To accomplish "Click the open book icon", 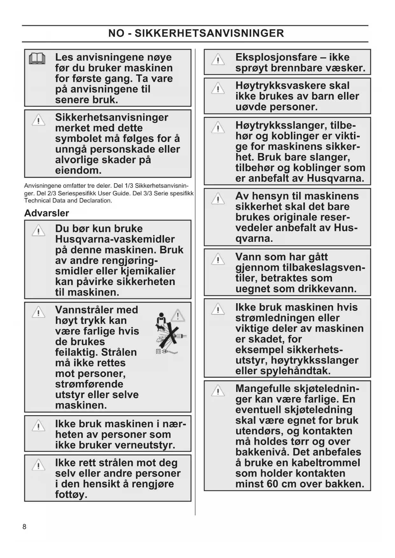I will tap(37, 59).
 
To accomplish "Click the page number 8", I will tap(25, 527).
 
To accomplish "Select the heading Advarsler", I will tap(46, 213).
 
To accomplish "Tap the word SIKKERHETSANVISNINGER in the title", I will tap(209, 33).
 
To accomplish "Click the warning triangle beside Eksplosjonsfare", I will tap(218, 59).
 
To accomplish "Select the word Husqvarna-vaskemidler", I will tap(115, 239).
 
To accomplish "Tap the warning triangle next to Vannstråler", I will tap(39, 312).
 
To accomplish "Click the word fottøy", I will tap(71, 495).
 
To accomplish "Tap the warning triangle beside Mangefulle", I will tap(218, 391).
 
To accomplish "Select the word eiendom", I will tap(78, 170).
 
